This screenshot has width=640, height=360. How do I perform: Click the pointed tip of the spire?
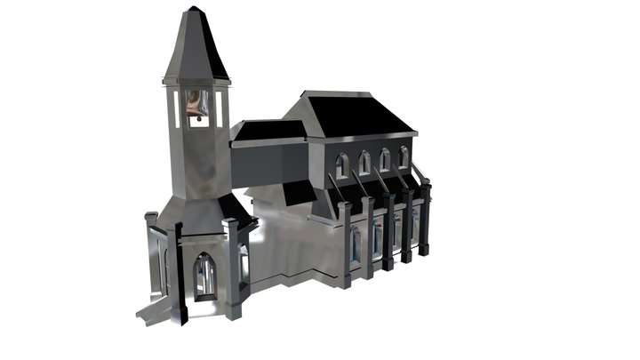pyautogui.click(x=194, y=9)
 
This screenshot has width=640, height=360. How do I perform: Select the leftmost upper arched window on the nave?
pyautogui.click(x=342, y=165)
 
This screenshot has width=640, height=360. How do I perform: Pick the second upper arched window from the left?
pyautogui.click(x=364, y=163)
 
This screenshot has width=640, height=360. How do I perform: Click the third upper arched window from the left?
pyautogui.click(x=385, y=160)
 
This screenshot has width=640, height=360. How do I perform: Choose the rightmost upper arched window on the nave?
pyautogui.click(x=404, y=157)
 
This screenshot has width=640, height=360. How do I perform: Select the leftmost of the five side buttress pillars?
pyautogui.click(x=344, y=244)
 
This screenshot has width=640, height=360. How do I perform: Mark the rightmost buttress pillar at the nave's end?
pyautogui.click(x=425, y=218)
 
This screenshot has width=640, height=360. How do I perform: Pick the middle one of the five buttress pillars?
pyautogui.click(x=388, y=230)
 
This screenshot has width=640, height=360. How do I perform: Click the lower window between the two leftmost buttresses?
pyautogui.click(x=356, y=244)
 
